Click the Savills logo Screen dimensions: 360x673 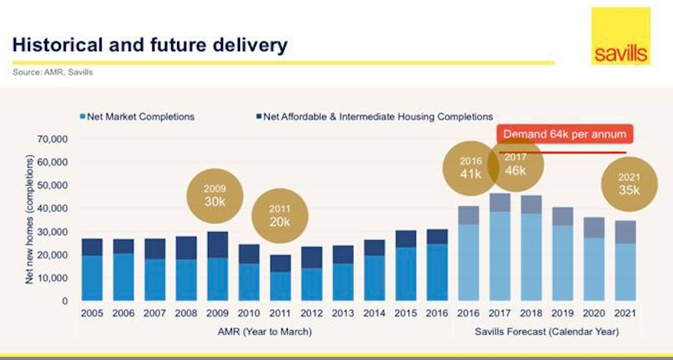[621, 36]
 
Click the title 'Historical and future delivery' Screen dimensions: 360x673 [150, 45]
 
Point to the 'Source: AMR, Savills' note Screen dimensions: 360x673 [52, 72]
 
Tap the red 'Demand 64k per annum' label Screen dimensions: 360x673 [564, 134]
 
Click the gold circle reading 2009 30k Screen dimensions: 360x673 [215, 195]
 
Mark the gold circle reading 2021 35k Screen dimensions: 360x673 [629, 183]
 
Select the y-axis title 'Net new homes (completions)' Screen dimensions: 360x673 [30, 219]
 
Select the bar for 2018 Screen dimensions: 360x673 [530, 252]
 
